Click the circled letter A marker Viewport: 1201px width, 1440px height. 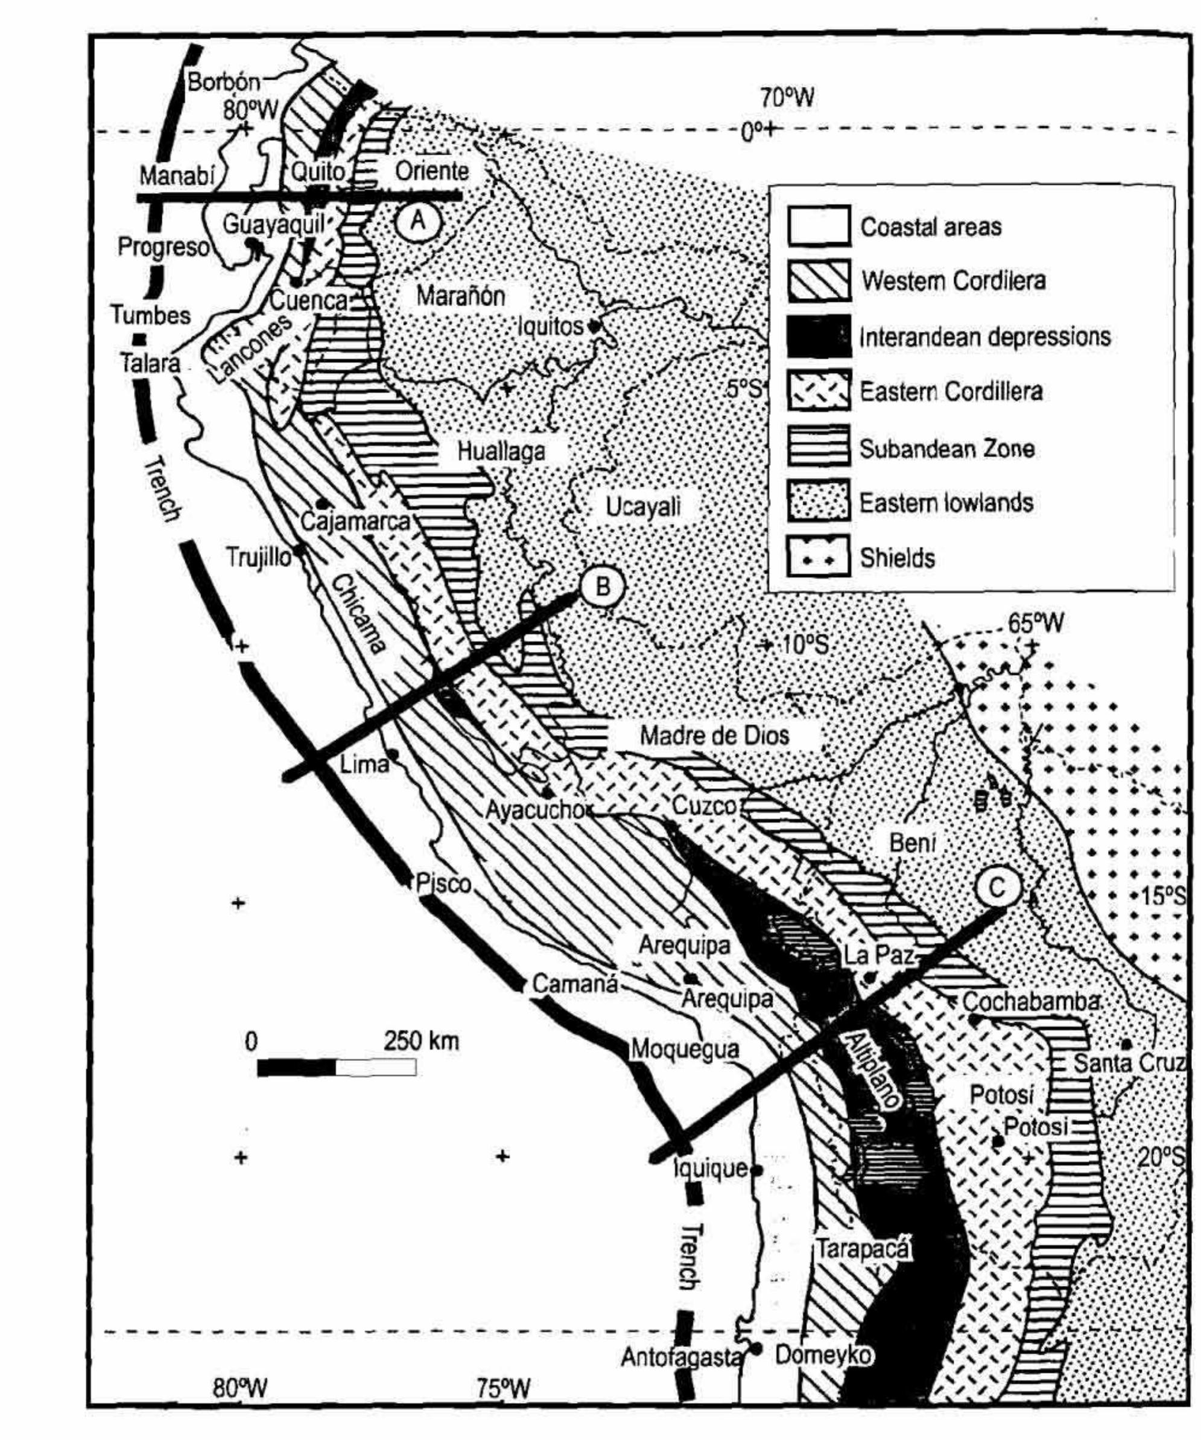point(418,221)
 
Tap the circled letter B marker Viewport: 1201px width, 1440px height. point(603,586)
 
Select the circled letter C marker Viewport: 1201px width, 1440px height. point(997,887)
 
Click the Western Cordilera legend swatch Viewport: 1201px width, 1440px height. point(819,280)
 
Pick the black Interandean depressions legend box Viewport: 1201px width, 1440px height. point(819,336)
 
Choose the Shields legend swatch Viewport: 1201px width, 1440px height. point(819,558)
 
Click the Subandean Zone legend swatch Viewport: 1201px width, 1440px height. point(819,448)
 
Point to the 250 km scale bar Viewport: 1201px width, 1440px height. point(336,1068)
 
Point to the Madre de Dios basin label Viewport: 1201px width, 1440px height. point(714,736)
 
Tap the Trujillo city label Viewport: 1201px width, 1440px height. point(259,558)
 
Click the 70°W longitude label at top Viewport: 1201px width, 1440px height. point(787,98)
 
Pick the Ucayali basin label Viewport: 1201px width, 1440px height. point(643,507)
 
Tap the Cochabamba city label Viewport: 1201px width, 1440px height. point(1030,1001)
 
